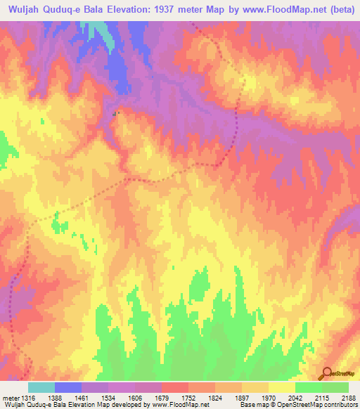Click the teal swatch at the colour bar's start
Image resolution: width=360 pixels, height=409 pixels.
point(41,387)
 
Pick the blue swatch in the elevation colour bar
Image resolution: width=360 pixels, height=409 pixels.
point(68,387)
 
